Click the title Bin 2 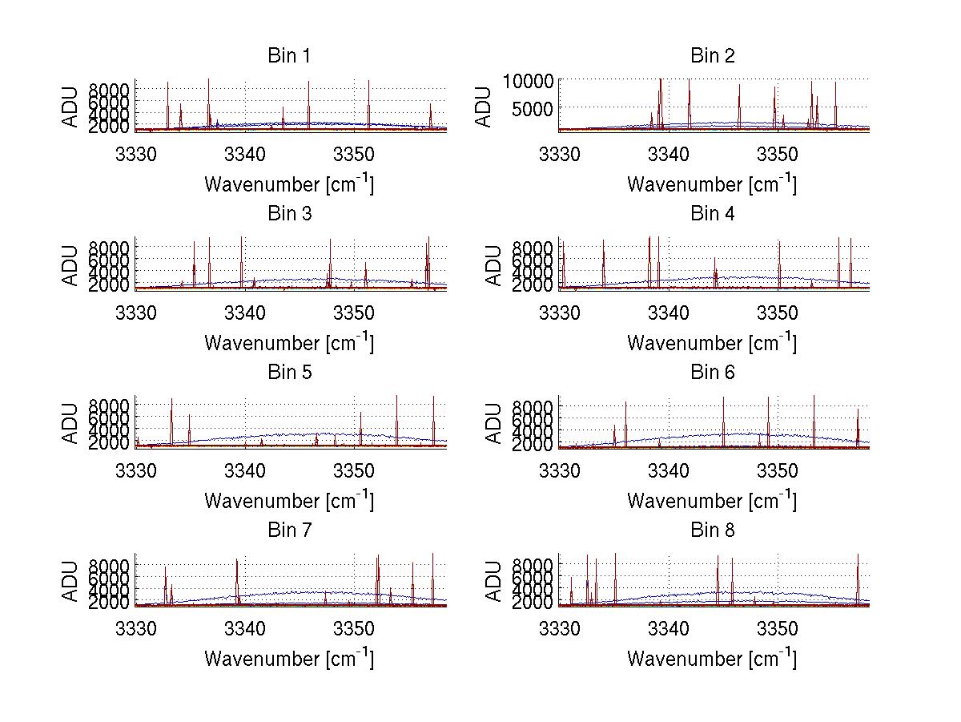[x=712, y=56]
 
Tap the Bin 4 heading [x=712, y=214]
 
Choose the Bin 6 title [x=712, y=373]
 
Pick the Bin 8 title [x=712, y=530]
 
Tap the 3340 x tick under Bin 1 [x=245, y=154]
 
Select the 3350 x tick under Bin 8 [x=777, y=628]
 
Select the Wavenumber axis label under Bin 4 [x=712, y=343]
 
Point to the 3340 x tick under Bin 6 [x=668, y=470]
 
